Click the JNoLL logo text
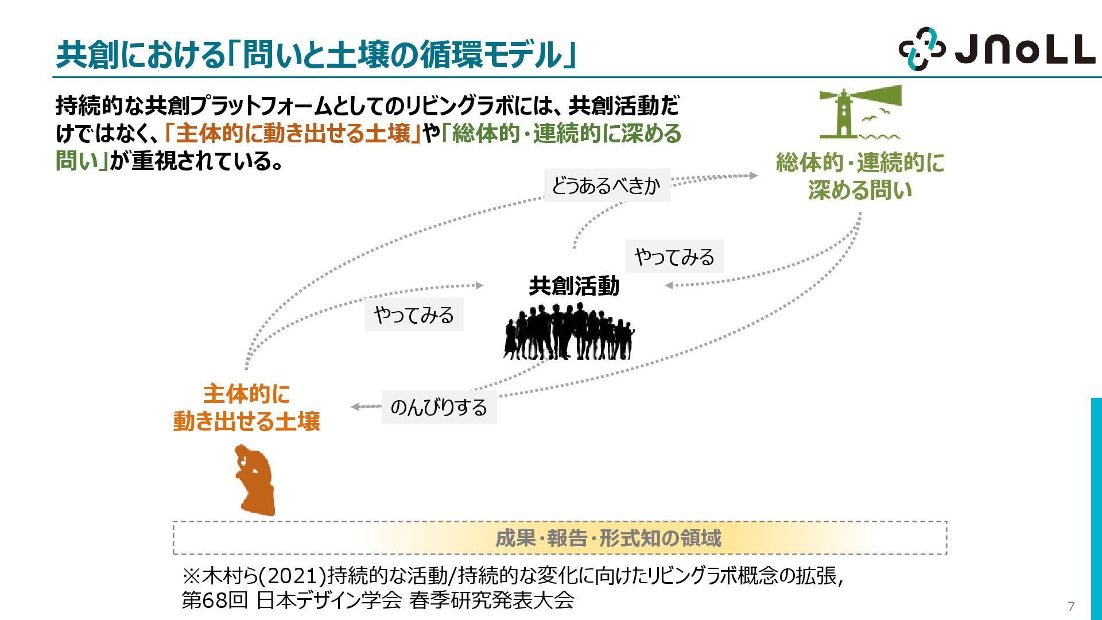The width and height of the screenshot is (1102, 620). tap(1025, 49)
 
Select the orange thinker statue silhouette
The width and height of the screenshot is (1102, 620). tap(255, 480)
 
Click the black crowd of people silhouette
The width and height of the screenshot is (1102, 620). tap(569, 332)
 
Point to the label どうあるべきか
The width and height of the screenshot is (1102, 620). tap(607, 185)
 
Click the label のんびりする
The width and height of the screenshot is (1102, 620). tap(439, 408)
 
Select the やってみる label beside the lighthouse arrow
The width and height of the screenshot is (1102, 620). tap(674, 257)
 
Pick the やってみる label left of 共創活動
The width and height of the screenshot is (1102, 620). tap(414, 315)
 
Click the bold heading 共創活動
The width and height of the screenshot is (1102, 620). tap(573, 286)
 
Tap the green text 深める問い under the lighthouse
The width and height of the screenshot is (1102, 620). tap(860, 190)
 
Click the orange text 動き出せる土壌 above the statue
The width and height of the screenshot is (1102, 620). tap(247, 421)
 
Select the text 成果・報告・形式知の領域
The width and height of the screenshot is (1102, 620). tap(608, 538)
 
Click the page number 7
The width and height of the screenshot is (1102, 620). tap(1070, 606)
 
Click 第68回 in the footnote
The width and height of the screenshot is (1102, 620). tap(215, 600)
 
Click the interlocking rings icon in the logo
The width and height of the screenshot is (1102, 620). tap(921, 49)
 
